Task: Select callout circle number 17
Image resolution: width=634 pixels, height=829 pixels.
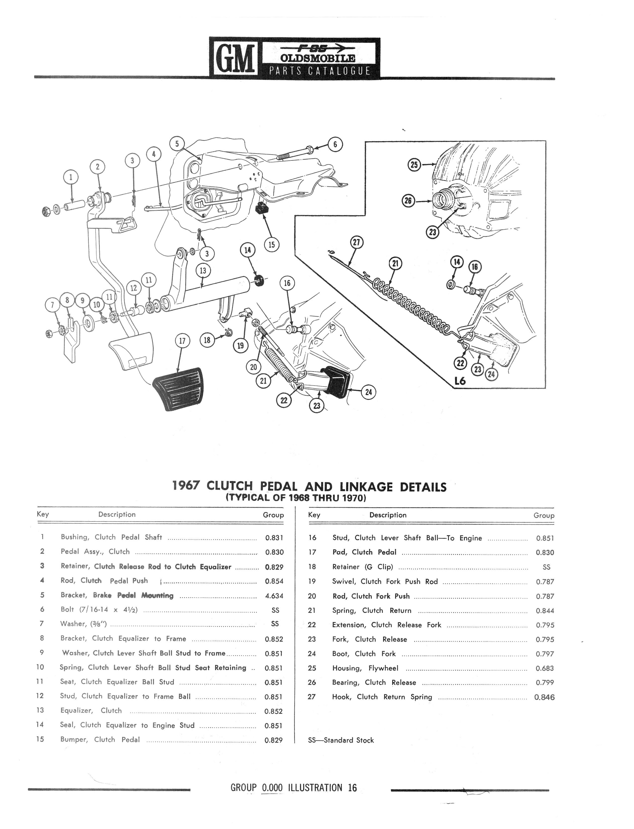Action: (x=182, y=341)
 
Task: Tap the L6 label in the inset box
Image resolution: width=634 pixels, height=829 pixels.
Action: (x=460, y=381)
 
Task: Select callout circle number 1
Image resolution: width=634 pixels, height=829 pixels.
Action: (x=71, y=177)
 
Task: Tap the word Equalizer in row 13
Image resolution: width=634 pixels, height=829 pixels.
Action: (x=76, y=711)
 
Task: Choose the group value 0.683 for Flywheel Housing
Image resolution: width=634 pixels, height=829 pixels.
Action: (x=545, y=668)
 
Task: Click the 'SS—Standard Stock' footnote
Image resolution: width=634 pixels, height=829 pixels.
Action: (x=341, y=740)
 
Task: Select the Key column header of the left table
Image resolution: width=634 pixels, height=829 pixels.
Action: (x=43, y=514)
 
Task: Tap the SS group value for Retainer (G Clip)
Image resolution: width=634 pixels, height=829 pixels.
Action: (x=546, y=567)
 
